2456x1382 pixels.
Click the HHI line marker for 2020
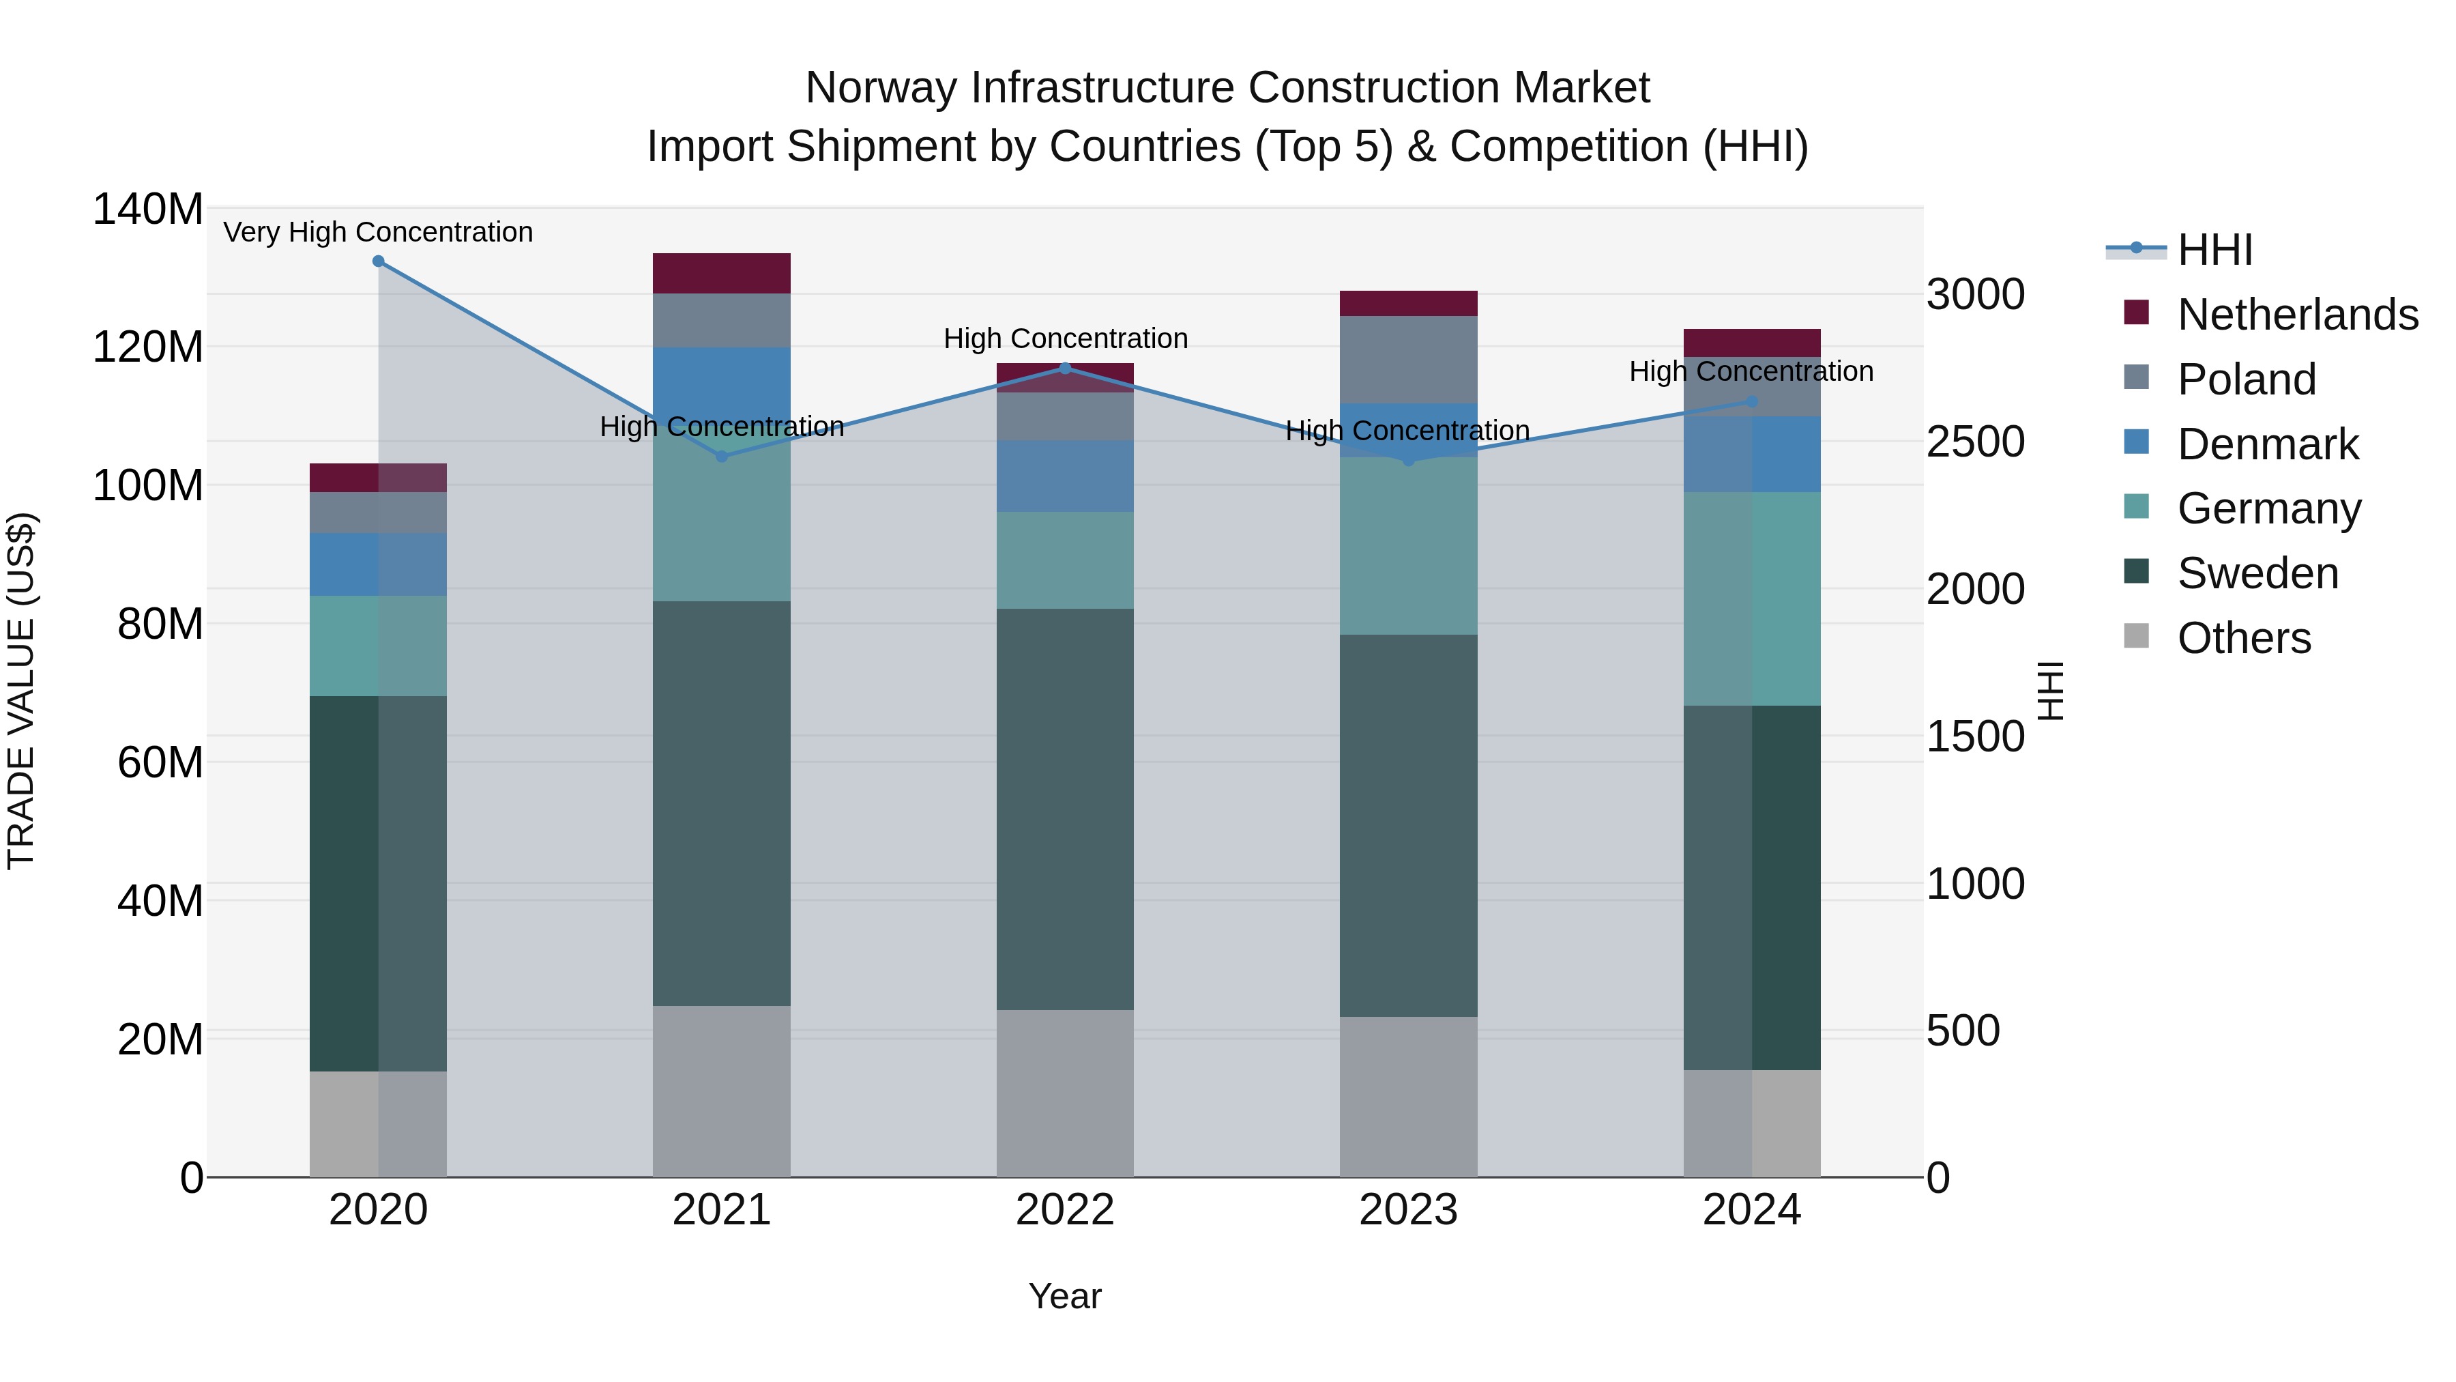(379, 261)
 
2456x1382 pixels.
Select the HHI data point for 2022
(1066, 368)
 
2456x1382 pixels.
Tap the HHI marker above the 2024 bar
(1751, 403)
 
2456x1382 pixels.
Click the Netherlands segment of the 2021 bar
(722, 273)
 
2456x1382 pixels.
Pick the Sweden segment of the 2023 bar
(1408, 825)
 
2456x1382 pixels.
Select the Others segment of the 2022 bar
(1065, 1093)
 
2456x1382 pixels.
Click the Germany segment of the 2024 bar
(1751, 599)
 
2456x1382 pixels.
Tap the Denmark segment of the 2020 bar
(379, 564)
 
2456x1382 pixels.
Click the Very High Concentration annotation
(379, 233)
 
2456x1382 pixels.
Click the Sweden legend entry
(2257, 573)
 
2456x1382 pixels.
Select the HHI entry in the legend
(2214, 250)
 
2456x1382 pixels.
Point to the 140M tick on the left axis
(148, 209)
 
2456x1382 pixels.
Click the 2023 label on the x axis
(1408, 1210)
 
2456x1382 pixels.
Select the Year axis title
(1065, 1296)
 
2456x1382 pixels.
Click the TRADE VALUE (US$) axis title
(21, 691)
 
